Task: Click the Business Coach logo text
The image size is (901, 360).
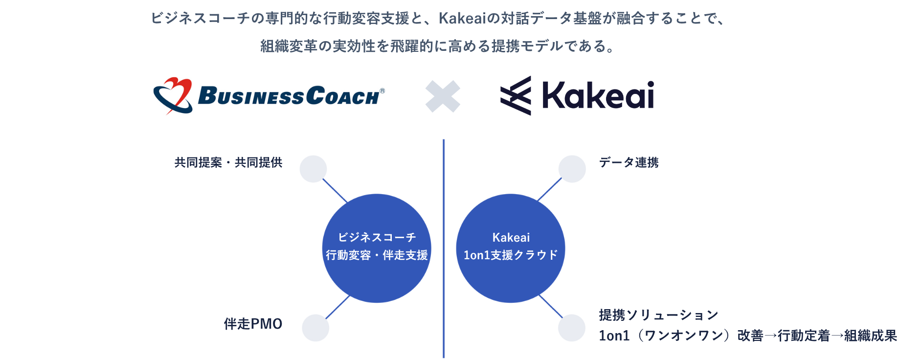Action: point(289,96)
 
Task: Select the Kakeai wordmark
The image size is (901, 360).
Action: point(598,95)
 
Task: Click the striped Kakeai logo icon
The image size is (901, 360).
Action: point(516,96)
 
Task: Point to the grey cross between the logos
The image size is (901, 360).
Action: point(443,96)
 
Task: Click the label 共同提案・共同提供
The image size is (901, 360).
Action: point(228,162)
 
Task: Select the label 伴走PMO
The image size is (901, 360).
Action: point(253,324)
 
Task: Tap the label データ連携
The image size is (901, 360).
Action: point(629,162)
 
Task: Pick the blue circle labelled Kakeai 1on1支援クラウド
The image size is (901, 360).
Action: point(511,248)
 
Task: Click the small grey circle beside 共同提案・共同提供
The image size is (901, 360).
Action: point(313,169)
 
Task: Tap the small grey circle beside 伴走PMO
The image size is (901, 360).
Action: point(315,328)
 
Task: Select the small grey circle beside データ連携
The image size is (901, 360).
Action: point(572,169)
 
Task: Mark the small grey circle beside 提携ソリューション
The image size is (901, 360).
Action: point(572,328)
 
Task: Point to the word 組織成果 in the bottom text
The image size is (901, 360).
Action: point(871,336)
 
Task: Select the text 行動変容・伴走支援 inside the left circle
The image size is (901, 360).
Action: point(377,255)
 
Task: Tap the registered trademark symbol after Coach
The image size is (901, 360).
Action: point(383,91)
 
